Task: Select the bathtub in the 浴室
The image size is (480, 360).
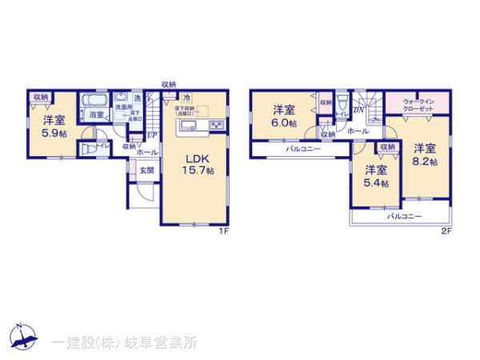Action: (x=94, y=102)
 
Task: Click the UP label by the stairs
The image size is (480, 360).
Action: (x=150, y=135)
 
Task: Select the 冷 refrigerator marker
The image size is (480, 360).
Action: (x=186, y=99)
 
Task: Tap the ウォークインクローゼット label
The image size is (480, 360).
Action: (x=419, y=106)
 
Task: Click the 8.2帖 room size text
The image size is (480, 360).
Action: (x=425, y=162)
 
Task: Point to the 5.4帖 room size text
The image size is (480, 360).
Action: (x=377, y=183)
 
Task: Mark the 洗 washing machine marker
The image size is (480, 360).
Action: (x=137, y=98)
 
